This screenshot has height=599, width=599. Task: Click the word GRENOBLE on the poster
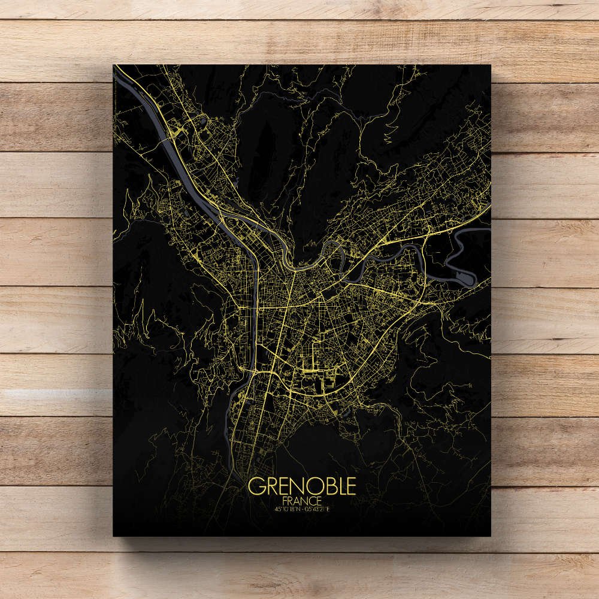tap(302, 486)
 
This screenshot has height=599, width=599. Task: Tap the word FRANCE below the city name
tap(302, 500)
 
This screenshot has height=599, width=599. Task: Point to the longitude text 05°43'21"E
tap(318, 509)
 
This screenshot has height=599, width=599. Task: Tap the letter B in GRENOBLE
tap(325, 486)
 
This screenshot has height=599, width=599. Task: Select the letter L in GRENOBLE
tap(338, 486)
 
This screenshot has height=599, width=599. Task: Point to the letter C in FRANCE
tap(313, 500)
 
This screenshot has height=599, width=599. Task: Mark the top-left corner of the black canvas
tap(113, 65)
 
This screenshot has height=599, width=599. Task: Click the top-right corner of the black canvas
tap(491, 65)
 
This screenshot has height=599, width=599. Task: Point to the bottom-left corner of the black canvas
tap(113, 536)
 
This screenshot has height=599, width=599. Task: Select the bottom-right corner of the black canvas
tap(491, 536)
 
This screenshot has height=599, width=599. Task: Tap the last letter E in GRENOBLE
tap(350, 486)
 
